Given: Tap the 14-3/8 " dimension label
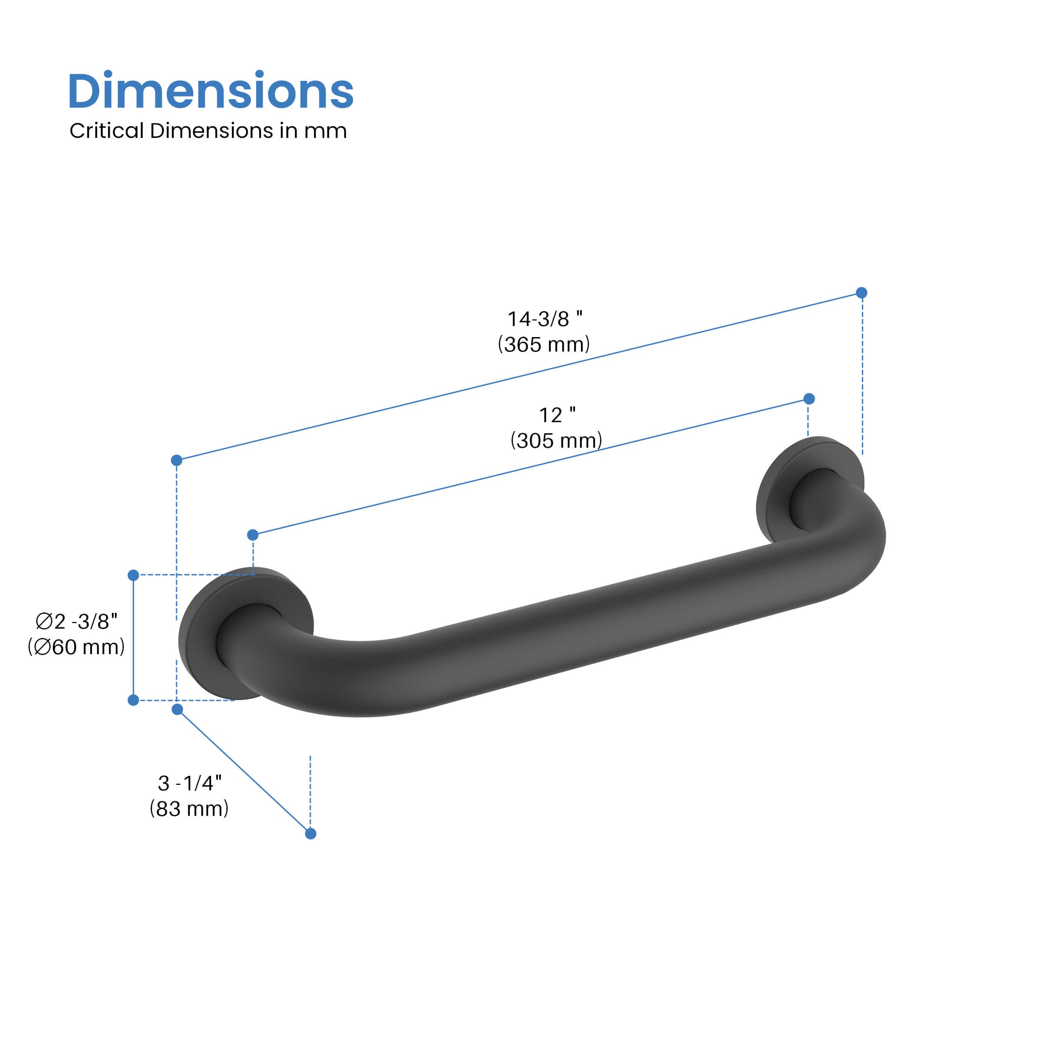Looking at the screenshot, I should [x=544, y=319].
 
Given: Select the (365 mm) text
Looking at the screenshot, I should [x=543, y=345].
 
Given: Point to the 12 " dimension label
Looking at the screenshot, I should [x=557, y=415].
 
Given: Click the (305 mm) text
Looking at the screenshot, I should [x=556, y=440].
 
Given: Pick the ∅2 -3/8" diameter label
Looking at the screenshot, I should [x=77, y=621].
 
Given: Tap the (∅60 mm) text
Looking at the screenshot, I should [x=77, y=646].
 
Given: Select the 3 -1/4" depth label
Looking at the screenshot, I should [x=189, y=783].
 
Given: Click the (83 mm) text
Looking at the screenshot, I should [x=189, y=809].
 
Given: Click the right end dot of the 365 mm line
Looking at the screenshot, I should [x=862, y=292].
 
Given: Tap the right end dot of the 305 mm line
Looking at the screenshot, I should [x=809, y=399].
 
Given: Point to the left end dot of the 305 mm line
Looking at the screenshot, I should [x=253, y=535].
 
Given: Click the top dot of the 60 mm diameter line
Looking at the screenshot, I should [x=133, y=575].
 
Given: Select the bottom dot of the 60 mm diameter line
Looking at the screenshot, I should [x=133, y=700].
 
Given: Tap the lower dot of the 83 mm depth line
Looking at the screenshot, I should [x=311, y=833].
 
